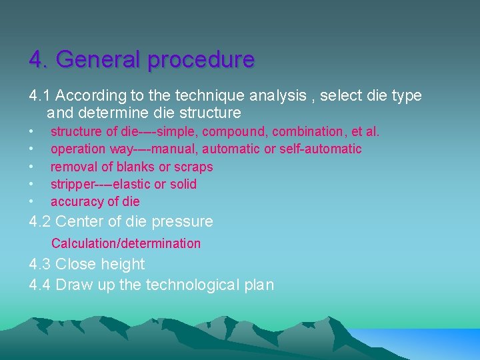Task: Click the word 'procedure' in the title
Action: [201, 60]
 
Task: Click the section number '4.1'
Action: [41, 95]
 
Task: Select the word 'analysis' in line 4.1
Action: [281, 95]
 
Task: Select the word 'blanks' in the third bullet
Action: [137, 167]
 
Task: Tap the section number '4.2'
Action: [41, 221]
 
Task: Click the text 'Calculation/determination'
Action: [126, 243]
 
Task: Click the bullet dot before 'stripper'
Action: [31, 184]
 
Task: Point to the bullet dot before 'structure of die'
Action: [31, 132]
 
